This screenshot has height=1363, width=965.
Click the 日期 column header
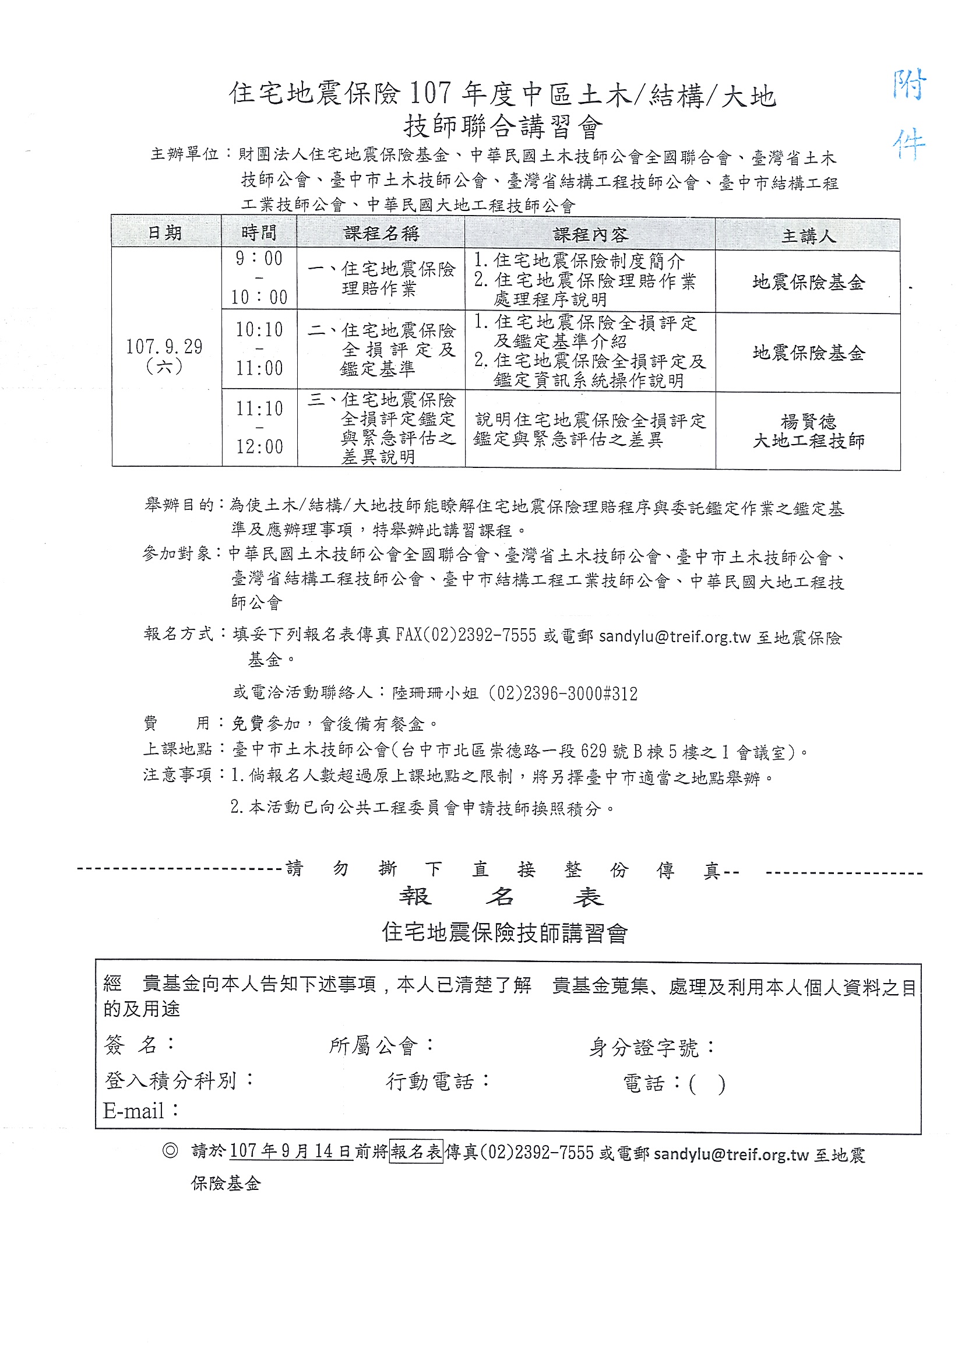point(164,233)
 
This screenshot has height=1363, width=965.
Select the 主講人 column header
point(808,236)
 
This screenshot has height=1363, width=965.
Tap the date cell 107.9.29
point(164,346)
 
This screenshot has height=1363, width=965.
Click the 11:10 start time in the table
point(259,408)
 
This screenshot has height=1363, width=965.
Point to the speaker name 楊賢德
point(808,422)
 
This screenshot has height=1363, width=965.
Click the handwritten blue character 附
point(909,86)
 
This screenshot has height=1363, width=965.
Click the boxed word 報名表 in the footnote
point(417,1152)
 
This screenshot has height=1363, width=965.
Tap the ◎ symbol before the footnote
point(170,1151)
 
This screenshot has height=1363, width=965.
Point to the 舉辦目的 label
point(179,505)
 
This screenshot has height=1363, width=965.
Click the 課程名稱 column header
point(381,234)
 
